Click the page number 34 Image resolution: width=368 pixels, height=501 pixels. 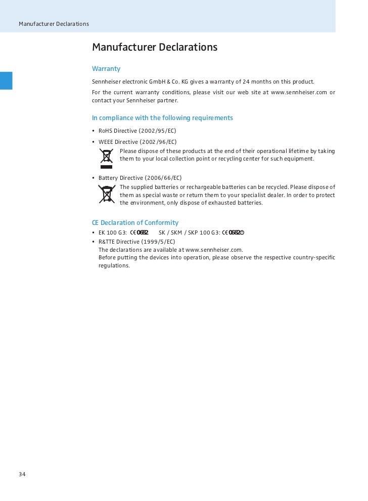coord(22,474)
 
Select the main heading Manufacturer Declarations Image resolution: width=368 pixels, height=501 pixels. coord(154,47)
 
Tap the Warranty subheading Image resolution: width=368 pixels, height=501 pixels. coord(106,68)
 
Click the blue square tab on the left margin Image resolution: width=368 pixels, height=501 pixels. coord(6,81)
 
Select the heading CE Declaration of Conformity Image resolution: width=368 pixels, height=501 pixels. coord(135,222)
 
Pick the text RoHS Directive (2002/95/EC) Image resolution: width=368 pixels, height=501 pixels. coord(137,131)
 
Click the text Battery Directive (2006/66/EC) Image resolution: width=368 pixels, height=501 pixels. coord(140,178)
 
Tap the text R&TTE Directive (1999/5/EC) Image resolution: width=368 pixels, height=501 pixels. coord(136,242)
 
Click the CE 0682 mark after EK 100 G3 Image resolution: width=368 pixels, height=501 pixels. coord(139,233)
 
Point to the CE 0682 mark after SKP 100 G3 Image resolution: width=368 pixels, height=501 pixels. coord(233,233)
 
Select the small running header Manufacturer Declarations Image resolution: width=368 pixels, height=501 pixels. coord(54,24)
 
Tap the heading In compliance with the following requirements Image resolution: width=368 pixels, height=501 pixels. coord(162,118)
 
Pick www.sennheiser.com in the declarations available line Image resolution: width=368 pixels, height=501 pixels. coord(214,250)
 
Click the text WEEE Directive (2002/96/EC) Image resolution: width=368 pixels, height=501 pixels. coord(137,142)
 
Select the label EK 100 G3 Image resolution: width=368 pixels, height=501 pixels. coord(112,233)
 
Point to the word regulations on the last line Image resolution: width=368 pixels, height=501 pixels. coord(114,265)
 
